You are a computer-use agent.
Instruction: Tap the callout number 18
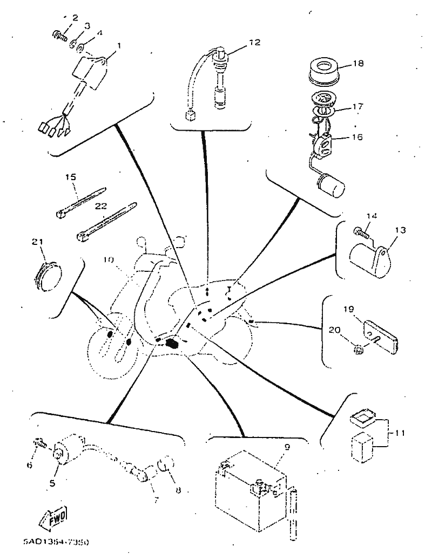tap(359, 64)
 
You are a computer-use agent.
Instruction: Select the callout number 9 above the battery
tap(287, 447)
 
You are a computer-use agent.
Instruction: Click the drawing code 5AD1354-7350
tap(56, 541)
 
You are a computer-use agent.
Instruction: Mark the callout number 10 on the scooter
tap(109, 259)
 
